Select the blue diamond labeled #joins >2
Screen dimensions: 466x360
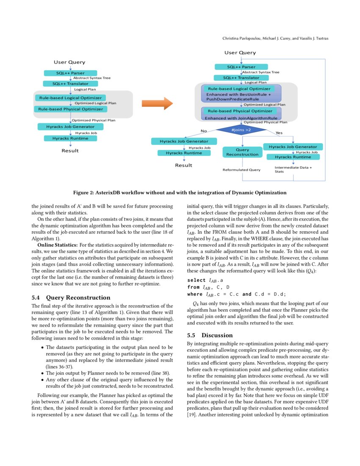[241, 130]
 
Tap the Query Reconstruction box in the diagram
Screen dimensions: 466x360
[242, 152]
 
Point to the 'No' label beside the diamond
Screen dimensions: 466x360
[203, 131]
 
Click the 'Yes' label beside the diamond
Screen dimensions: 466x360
[279, 133]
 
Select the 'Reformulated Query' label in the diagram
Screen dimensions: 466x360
[241, 170]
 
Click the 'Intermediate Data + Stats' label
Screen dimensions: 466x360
[293, 170]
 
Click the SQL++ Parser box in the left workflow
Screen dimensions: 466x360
[70, 73]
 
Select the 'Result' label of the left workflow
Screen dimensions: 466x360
[70, 150]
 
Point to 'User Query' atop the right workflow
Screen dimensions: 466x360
[240, 53]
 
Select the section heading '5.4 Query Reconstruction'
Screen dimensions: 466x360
[71, 297]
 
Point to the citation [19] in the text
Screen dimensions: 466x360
[192, 414]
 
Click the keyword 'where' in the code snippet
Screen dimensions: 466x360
[195, 294]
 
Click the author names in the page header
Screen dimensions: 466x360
[275, 39]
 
